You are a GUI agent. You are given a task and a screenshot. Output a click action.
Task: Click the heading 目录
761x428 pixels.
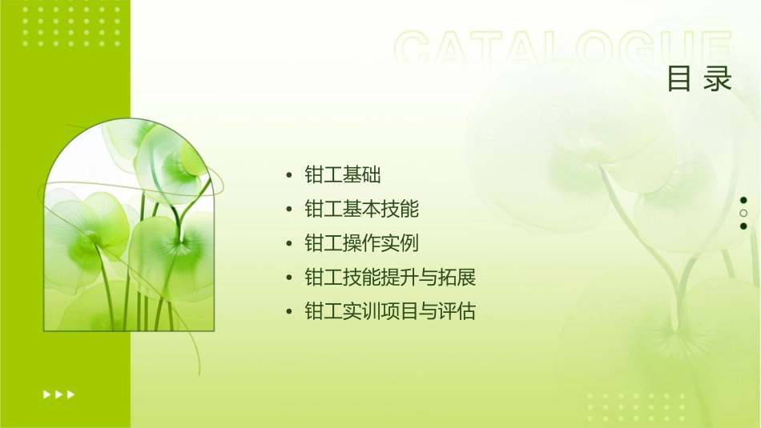click(699, 79)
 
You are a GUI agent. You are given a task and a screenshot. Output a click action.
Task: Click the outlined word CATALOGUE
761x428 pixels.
click(563, 50)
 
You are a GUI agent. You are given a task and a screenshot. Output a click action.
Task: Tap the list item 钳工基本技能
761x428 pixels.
click(362, 210)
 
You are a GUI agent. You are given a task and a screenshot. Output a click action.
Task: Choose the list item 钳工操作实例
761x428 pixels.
click(362, 243)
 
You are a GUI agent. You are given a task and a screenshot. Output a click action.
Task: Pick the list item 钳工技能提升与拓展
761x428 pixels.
click(391, 278)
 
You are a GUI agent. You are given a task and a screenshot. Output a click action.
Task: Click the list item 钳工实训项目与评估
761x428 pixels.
click(391, 311)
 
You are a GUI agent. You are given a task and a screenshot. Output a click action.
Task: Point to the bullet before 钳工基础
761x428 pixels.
click(288, 176)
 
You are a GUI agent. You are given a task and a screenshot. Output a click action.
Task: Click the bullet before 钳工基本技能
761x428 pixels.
click(288, 210)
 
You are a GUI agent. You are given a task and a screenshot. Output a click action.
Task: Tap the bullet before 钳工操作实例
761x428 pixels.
click(288, 243)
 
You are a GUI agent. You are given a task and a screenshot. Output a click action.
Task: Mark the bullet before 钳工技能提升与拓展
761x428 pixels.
click(288, 278)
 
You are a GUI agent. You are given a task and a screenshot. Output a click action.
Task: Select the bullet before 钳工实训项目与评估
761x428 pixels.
click(288, 311)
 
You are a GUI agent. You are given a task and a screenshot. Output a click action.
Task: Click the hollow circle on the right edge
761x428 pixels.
click(743, 213)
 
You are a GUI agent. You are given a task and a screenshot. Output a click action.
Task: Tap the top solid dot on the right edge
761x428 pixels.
click(743, 200)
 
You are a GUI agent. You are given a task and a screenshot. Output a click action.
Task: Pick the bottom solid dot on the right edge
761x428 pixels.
click(743, 226)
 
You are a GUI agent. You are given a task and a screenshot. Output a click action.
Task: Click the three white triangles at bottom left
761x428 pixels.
click(58, 394)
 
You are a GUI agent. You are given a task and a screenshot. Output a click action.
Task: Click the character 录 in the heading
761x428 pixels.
click(719, 79)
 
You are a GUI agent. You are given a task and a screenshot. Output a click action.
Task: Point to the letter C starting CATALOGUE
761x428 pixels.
click(417, 50)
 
